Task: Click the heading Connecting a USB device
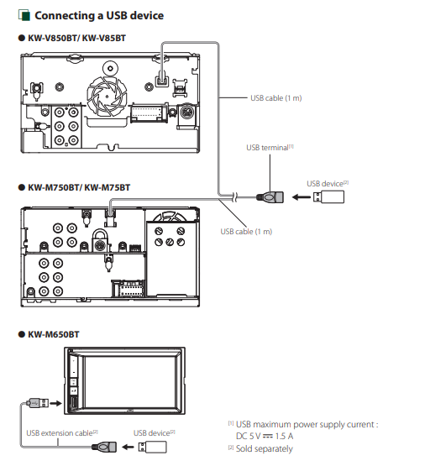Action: pyautogui.click(x=99, y=15)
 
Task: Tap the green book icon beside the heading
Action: pyautogui.click(x=24, y=15)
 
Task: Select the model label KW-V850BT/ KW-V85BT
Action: pyautogui.click(x=76, y=38)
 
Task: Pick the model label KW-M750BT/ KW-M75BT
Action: pyautogui.click(x=79, y=187)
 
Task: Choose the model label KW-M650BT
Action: pyautogui.click(x=54, y=334)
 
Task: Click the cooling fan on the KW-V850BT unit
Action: pyautogui.click(x=107, y=96)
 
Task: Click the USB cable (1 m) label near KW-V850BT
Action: pyautogui.click(x=275, y=98)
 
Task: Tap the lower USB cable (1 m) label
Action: pyautogui.click(x=246, y=232)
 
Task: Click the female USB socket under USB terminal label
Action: pyautogui.click(x=270, y=197)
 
